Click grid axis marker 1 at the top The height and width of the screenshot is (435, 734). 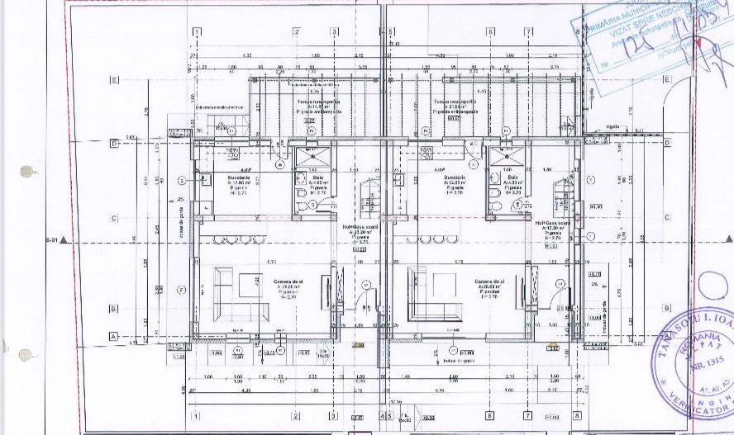197,32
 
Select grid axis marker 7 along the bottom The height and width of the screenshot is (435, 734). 527,415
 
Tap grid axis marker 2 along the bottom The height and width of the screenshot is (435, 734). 296,415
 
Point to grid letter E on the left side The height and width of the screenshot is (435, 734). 114,80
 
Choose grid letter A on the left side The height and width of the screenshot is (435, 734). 114,337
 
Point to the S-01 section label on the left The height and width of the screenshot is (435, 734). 52,241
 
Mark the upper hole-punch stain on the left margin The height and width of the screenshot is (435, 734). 29,172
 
